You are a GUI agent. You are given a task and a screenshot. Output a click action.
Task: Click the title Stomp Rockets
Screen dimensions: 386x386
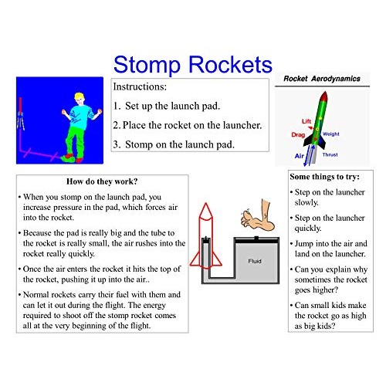click(x=192, y=63)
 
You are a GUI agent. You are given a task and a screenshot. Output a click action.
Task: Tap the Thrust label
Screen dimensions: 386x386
click(x=330, y=154)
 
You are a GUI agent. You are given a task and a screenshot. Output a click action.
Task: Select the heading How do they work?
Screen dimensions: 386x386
click(x=103, y=182)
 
